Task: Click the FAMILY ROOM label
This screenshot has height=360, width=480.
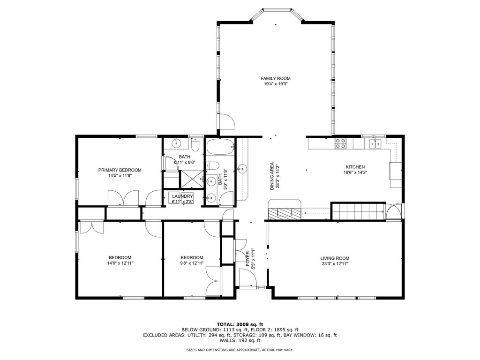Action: tap(275, 78)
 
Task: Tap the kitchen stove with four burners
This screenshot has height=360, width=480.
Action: tap(340, 143)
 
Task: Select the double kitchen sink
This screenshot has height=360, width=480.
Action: tap(375, 143)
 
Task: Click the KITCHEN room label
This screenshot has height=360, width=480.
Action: tap(355, 167)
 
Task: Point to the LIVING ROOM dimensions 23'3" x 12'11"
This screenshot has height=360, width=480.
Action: tap(335, 263)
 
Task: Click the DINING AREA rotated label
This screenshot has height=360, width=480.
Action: tap(272, 176)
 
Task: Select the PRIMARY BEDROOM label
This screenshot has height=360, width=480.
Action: tap(120, 170)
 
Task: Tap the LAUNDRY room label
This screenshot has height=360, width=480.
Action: tap(182, 196)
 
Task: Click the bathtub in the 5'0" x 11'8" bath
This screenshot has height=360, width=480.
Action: tap(220, 147)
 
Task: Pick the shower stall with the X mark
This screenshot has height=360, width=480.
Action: tap(192, 179)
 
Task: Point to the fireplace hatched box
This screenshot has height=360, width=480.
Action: tap(284, 213)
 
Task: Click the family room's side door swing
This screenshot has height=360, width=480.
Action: tap(226, 121)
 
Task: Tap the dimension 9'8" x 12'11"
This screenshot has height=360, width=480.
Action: tap(192, 263)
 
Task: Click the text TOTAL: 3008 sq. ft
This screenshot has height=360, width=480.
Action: tap(240, 324)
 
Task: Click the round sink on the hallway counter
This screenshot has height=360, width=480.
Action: tap(242, 169)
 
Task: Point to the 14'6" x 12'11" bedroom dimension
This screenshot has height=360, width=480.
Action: tap(120, 263)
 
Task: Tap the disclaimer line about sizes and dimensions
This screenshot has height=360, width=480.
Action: tap(240, 350)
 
